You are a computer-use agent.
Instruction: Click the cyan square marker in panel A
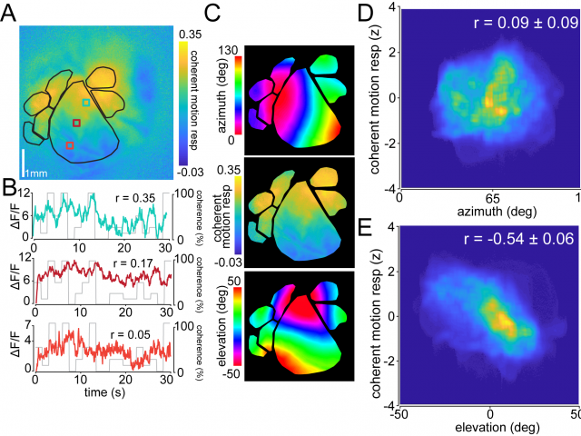[x=86, y=104]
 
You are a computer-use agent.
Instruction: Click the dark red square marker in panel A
[x=77, y=122]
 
